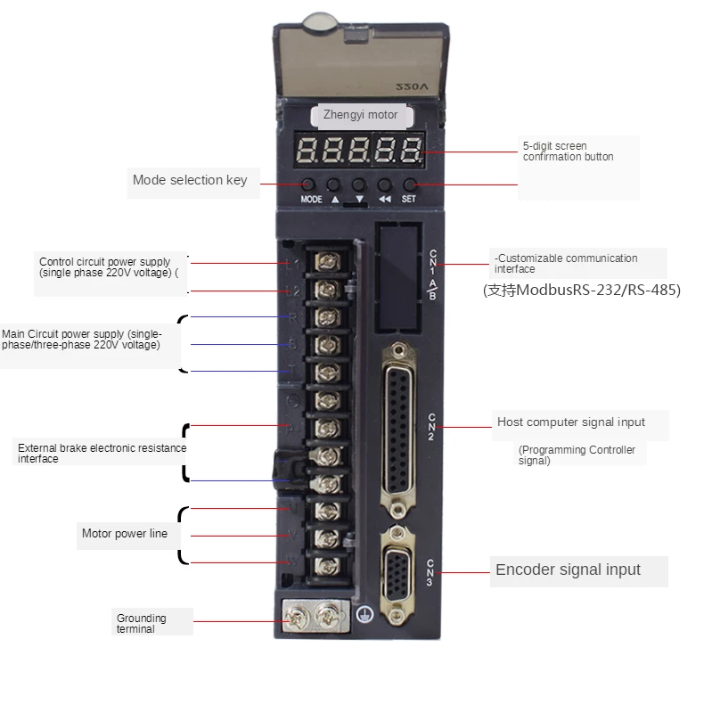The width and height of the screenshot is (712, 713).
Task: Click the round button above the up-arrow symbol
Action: click(335, 184)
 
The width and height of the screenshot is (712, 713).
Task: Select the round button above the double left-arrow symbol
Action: click(385, 184)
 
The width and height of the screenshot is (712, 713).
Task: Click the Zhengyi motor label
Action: click(360, 115)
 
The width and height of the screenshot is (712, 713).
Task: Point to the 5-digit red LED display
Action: click(360, 152)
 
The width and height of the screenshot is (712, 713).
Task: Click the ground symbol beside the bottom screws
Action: click(364, 614)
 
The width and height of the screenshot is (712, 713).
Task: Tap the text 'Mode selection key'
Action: click(190, 180)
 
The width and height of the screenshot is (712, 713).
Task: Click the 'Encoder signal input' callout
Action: click(568, 570)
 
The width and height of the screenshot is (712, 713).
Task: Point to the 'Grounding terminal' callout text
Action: click(141, 623)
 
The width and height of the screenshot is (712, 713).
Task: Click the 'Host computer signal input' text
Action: click(571, 422)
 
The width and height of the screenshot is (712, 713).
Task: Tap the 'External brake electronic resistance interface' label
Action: click(102, 453)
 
